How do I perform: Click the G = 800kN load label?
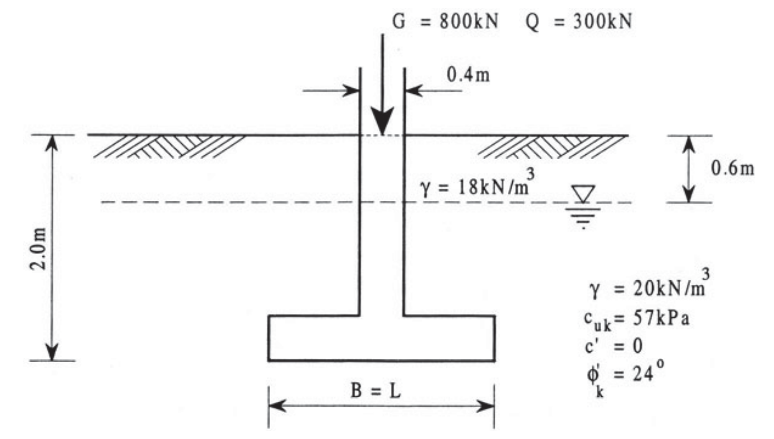445,22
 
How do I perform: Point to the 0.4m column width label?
468,75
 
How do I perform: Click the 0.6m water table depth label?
732,168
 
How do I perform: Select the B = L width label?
376,391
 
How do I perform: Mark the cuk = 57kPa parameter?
636,319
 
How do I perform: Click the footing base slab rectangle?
381,338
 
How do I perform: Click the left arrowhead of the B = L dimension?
276,406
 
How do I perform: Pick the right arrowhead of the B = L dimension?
486,406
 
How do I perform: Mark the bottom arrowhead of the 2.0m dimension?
52,352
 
